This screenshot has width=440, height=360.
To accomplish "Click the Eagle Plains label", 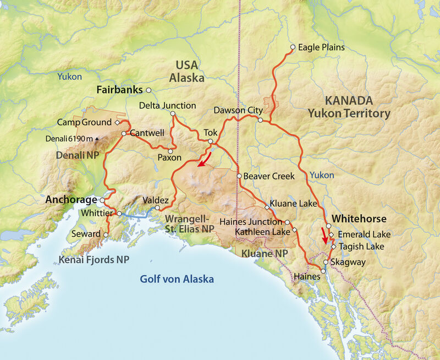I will click(x=321, y=47).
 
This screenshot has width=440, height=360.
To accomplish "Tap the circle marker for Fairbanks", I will click(x=148, y=90).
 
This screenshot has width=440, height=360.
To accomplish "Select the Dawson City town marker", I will click(x=260, y=119).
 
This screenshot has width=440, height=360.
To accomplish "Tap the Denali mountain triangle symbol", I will click(x=97, y=139).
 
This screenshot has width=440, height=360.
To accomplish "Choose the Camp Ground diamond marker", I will click(x=117, y=122).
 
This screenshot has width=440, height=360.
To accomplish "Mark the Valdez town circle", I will click(x=157, y=208).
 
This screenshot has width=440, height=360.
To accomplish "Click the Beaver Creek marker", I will click(x=239, y=176).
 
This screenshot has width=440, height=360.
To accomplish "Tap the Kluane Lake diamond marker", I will click(x=267, y=208).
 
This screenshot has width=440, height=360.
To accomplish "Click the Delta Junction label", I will click(x=167, y=105).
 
